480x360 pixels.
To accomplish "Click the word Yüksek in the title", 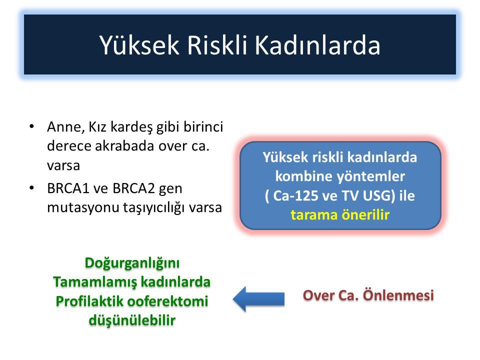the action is point(139,45).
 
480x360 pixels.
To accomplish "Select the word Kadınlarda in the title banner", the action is point(317,45).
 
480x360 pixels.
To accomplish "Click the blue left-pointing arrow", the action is point(258,299).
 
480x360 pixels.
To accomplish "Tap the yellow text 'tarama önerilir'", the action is point(340,215).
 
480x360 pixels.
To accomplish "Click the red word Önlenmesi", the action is point(398,295).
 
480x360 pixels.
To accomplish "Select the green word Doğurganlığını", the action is point(132,263).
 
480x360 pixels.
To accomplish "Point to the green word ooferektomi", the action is point(167,301).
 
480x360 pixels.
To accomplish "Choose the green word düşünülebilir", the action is point(132,320).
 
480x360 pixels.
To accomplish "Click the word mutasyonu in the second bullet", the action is point(83,207).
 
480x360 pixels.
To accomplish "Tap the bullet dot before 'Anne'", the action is point(32,126).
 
